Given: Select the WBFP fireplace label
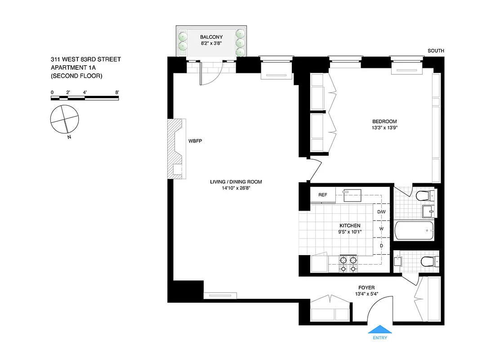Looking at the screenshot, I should coord(196,141).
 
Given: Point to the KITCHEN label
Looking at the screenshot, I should coord(350,225).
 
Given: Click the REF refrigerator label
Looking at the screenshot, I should coord(322,195).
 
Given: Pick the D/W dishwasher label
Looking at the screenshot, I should coord(381,211).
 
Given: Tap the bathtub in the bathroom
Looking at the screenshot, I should coord(414,231).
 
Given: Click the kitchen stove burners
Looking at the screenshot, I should coord(348,264).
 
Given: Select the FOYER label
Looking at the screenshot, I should coord(366,288).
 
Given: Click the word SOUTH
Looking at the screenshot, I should coord(436,51).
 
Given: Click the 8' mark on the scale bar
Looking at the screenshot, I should coord(117,92).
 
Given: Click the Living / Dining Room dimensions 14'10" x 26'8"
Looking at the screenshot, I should coord(236,188).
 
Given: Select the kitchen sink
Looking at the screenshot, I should coord(352,195).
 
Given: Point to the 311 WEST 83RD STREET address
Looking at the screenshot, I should coord(85,59).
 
